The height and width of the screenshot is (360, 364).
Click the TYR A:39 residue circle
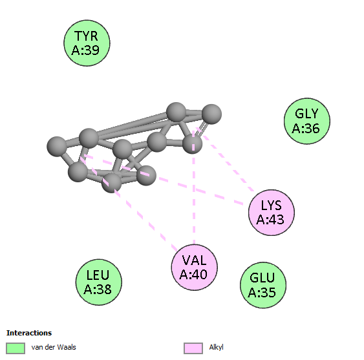[x=87, y=43]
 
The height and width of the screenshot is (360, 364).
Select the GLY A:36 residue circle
[x=307, y=121]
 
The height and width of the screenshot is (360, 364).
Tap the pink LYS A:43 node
[x=272, y=213]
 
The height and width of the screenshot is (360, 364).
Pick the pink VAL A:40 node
[x=195, y=267]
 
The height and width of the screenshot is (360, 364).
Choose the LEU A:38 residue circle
[x=99, y=282]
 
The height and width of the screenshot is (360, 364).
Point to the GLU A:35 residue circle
[x=263, y=285]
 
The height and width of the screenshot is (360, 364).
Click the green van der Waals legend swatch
[x=16, y=348]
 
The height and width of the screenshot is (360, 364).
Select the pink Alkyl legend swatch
[x=193, y=348]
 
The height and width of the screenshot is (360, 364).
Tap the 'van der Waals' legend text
[x=54, y=347]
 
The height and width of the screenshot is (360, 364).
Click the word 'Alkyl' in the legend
[x=216, y=347]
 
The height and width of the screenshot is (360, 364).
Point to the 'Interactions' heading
[x=29, y=333]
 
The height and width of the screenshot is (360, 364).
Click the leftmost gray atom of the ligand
[x=57, y=146]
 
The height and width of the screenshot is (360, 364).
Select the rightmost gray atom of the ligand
[x=211, y=114]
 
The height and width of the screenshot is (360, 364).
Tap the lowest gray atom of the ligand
[x=112, y=183]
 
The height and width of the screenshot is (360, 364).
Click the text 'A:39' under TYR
[x=85, y=50]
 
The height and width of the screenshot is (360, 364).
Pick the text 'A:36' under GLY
[x=306, y=128]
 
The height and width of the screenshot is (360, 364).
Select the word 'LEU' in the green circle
[x=98, y=275]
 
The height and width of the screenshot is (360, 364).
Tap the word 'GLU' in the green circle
[x=262, y=278]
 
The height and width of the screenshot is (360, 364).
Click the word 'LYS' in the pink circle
[x=272, y=205]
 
